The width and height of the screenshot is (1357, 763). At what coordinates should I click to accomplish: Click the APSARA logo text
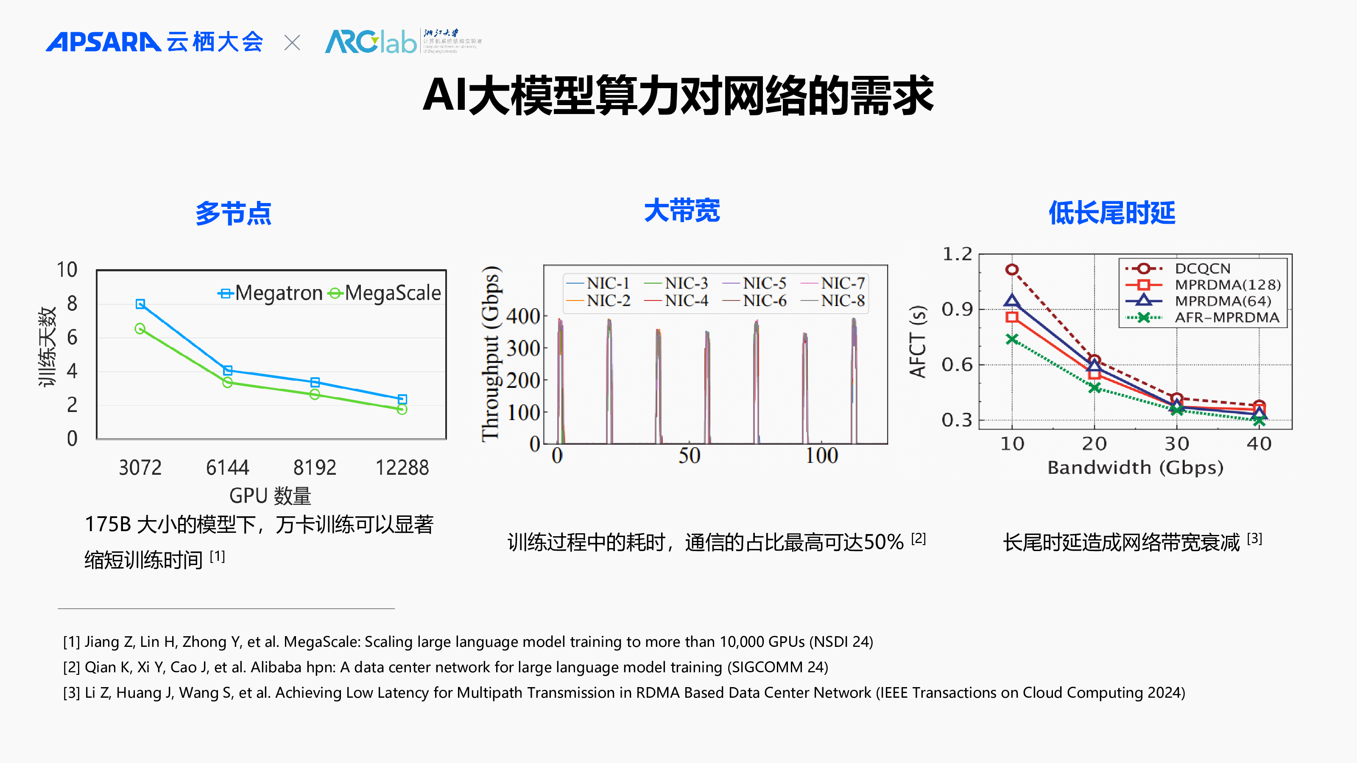coord(103,42)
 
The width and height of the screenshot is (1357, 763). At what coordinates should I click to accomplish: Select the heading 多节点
coord(233,213)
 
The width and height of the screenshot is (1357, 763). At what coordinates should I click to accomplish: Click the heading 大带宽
coord(681,211)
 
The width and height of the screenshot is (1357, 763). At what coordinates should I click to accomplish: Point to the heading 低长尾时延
coord(1111,213)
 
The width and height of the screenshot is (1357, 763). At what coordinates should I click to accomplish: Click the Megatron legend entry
coord(270,293)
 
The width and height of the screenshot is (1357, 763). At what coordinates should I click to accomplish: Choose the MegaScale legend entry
coord(384,293)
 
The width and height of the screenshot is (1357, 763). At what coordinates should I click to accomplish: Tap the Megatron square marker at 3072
coord(140,304)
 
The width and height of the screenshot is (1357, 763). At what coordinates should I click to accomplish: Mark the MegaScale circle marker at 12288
coord(402,409)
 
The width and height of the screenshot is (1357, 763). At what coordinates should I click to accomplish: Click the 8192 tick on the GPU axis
coord(315,468)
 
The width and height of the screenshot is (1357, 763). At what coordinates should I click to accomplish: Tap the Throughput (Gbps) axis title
coord(490,353)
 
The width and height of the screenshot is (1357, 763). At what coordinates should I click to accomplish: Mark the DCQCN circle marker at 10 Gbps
coord(1011,270)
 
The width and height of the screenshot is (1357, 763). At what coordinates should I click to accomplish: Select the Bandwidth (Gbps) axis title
coord(1135,468)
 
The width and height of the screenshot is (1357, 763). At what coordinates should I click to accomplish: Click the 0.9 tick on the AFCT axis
coord(957,309)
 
